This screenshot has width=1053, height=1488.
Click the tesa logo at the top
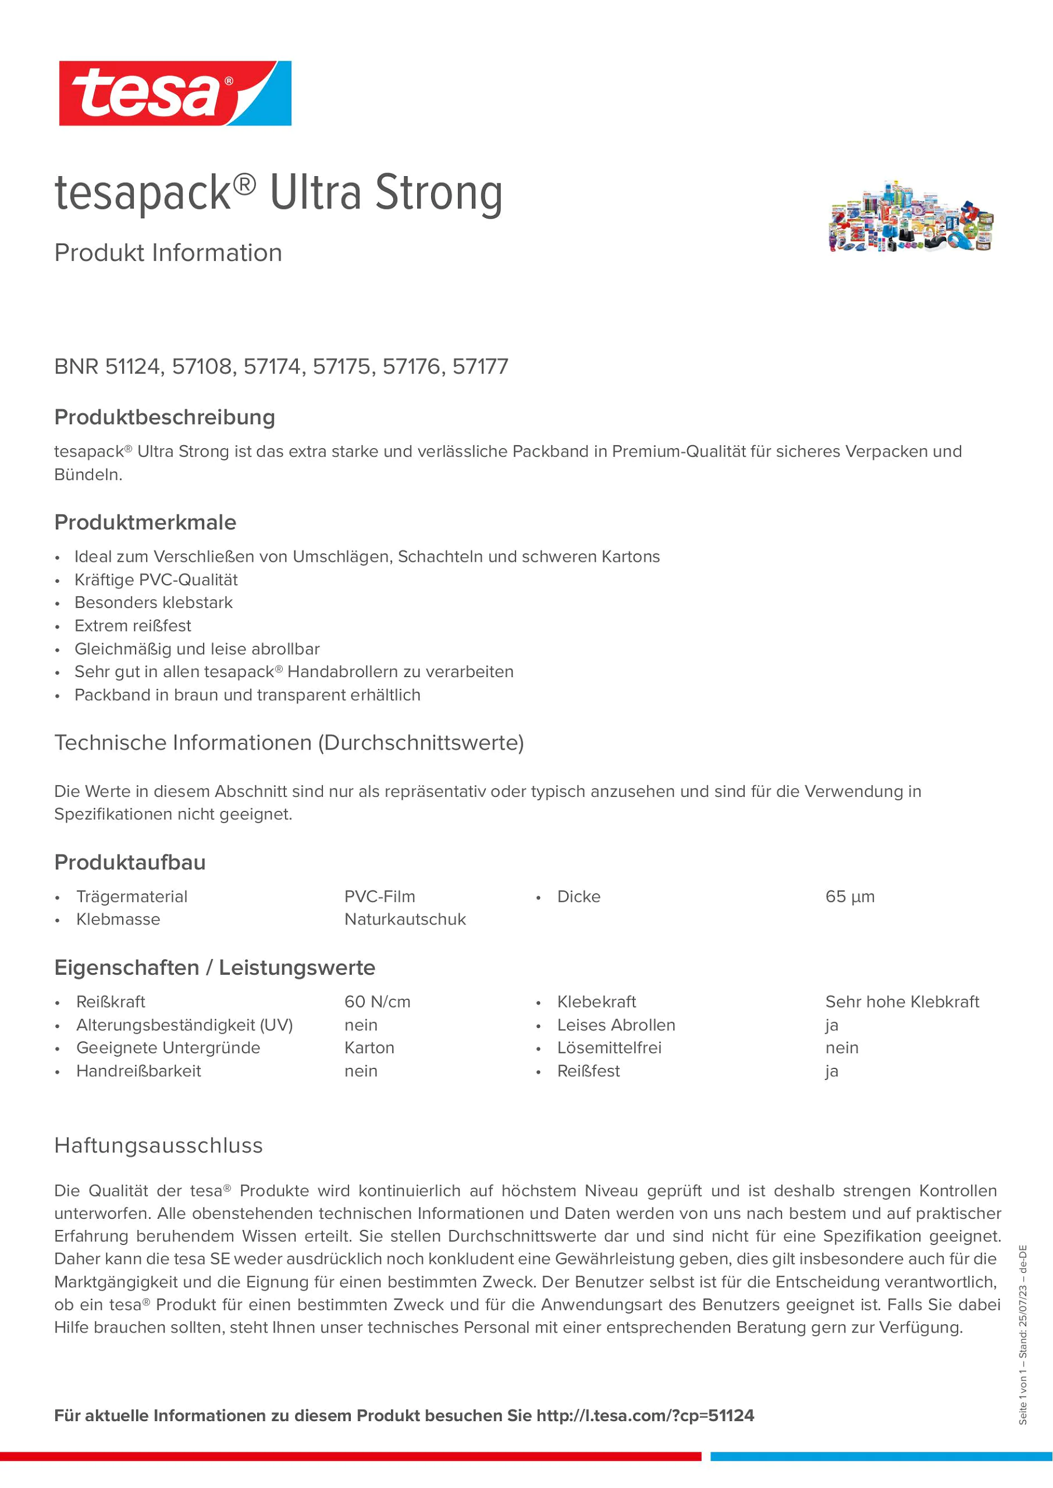click(175, 93)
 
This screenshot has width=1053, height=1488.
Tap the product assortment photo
click(911, 216)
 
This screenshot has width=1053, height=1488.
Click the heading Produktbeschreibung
click(165, 417)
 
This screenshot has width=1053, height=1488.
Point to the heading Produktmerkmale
click(145, 522)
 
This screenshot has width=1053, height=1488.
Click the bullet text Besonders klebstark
click(154, 602)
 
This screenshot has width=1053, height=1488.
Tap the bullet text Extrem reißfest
click(133, 626)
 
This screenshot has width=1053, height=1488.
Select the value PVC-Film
click(379, 897)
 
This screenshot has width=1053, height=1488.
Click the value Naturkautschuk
click(404, 920)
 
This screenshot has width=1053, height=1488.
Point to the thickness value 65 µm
click(849, 897)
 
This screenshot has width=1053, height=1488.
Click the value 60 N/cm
click(378, 1002)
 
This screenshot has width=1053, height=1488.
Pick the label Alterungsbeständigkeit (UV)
click(185, 1025)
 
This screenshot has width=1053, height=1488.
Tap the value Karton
click(369, 1048)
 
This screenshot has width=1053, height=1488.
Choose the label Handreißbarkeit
click(139, 1071)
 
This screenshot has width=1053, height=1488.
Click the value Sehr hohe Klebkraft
click(902, 1002)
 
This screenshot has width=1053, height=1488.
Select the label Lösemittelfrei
click(610, 1048)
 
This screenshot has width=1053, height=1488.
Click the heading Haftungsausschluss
click(159, 1145)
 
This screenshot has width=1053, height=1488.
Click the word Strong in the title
click(438, 193)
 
